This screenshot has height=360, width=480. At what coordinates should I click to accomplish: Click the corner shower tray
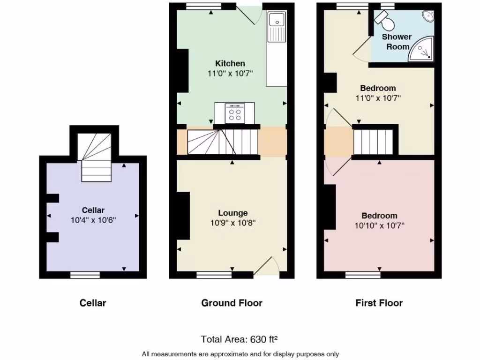pos(422,50)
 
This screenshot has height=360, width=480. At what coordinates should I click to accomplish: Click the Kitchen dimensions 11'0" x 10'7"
pos(230,74)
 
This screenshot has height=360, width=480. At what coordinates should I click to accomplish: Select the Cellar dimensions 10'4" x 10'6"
pos(93,219)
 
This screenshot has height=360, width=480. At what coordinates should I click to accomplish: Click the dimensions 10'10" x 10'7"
pos(379,225)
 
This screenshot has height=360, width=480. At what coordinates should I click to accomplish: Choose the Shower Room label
pos(397,42)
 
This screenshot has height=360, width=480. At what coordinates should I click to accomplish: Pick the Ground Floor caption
pos(232,303)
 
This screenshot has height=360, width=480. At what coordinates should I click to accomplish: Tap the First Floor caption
pos(379,303)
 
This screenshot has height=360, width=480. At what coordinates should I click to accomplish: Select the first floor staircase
pos(373,142)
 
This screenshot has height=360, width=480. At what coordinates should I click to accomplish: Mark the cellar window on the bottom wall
pos(85,275)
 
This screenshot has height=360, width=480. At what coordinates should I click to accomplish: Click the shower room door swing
pos(361,50)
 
